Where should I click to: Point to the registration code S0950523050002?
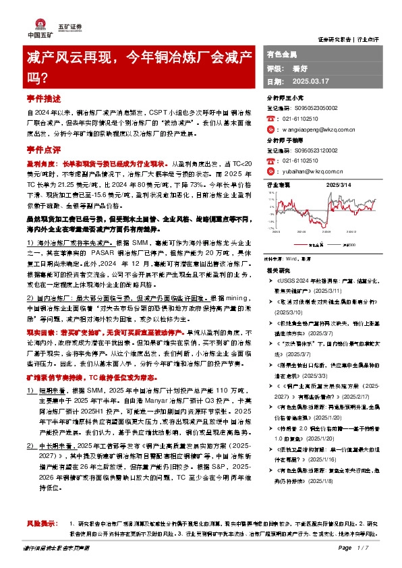314,107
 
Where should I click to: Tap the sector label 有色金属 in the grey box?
282,53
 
